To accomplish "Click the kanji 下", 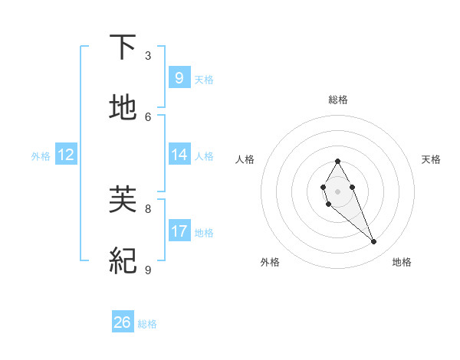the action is tap(123, 47).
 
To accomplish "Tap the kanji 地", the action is tap(123, 107).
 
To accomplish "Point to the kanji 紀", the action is tap(123, 260).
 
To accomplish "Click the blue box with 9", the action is tap(179, 77).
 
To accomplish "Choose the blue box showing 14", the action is tap(179, 155).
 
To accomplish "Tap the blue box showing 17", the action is tap(179, 231).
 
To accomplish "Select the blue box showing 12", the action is tap(66, 155).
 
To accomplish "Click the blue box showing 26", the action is tap(123, 322).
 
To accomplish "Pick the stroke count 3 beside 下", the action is tap(148, 56).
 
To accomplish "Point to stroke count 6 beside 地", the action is tap(148, 116).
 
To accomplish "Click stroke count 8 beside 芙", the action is tap(148, 208).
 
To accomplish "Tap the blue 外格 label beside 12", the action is tap(41, 155).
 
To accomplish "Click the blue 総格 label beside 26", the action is tap(147, 324).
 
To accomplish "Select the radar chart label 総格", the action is tap(337, 100).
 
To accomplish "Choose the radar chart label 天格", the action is tap(431, 159).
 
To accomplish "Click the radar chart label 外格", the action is tap(270, 262).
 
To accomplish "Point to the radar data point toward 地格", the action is tap(374, 242).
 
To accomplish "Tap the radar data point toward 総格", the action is tap(337, 161).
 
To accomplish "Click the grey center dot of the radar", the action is tap(337, 190).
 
